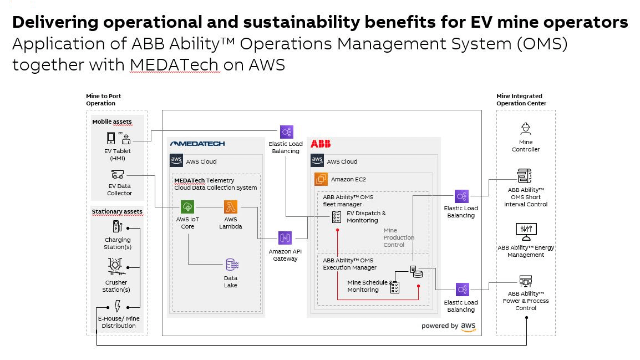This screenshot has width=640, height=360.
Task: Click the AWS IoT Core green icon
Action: pos(187,207)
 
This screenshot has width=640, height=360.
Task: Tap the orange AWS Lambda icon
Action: pos(230,207)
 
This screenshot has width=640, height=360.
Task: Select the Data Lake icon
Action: pos(231,265)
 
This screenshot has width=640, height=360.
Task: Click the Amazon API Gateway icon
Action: pos(285,238)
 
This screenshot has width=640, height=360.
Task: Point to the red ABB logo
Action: pos(321,144)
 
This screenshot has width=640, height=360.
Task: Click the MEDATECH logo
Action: pos(197,144)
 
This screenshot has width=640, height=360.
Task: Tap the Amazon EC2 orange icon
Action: pos(321,179)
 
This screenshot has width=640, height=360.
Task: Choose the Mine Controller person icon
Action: pos(525,129)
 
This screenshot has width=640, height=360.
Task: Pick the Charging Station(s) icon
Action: pos(117,226)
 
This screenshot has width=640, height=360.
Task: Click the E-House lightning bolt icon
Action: pos(117,306)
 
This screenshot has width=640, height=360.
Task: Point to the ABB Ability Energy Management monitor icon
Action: pos(525,230)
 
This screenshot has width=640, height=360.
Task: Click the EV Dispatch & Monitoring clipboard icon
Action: pos(336,217)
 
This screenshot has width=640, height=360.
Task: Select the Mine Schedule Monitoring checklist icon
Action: pos(395,287)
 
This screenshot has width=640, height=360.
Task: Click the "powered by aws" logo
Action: pos(449,326)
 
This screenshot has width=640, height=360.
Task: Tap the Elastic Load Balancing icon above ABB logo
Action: pos(286,132)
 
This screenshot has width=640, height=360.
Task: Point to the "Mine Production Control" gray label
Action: pos(398,237)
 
